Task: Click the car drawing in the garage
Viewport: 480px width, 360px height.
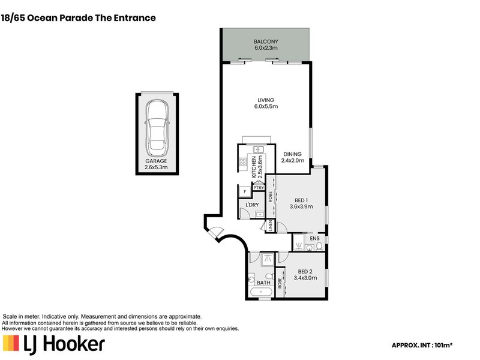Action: point(157,128)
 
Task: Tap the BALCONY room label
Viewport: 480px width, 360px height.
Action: point(266,41)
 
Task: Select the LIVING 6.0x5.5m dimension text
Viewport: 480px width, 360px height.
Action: point(266,107)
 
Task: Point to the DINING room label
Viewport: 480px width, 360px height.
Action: point(292,154)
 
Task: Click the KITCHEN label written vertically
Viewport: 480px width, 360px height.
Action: point(254,167)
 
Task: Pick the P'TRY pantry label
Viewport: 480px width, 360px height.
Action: point(259,188)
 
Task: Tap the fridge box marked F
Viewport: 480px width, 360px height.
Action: point(245,191)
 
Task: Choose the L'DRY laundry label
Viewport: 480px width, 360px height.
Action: point(252,205)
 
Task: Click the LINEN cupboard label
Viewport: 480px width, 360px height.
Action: point(270,226)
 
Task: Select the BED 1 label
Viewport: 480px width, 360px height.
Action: point(301,200)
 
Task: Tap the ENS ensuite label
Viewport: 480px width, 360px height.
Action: point(314,238)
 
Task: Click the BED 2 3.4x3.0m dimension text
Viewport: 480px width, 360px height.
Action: point(305,278)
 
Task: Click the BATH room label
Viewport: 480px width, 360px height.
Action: point(263,283)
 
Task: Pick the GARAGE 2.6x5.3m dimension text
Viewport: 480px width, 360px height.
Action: point(156,167)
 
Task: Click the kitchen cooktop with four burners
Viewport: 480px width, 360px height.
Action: point(243,161)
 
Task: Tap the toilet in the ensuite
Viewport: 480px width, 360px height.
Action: point(319,246)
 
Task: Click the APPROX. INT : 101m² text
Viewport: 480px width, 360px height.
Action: point(422,346)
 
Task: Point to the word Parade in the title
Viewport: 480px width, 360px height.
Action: point(76,18)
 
